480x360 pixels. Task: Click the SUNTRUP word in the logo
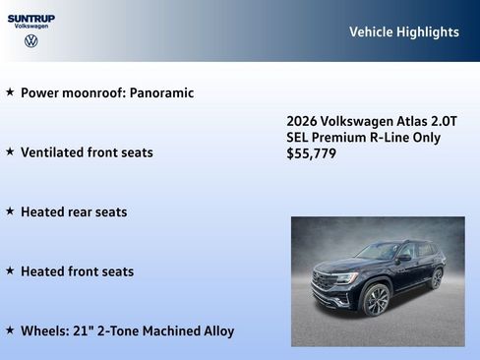(x=31, y=18)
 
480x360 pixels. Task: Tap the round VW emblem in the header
(x=31, y=40)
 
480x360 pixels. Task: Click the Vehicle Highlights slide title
(x=403, y=31)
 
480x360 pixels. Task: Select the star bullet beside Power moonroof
(x=10, y=92)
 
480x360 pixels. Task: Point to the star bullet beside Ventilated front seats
(x=10, y=152)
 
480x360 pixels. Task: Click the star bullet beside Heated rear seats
(x=10, y=211)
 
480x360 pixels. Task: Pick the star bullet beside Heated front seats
(x=10, y=271)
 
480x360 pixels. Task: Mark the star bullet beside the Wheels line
(x=10, y=330)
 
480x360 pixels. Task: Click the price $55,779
(x=311, y=153)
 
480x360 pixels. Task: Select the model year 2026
(x=302, y=120)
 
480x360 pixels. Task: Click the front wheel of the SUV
(x=376, y=300)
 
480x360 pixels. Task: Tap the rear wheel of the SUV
(x=436, y=278)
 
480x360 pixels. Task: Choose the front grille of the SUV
(x=324, y=281)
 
